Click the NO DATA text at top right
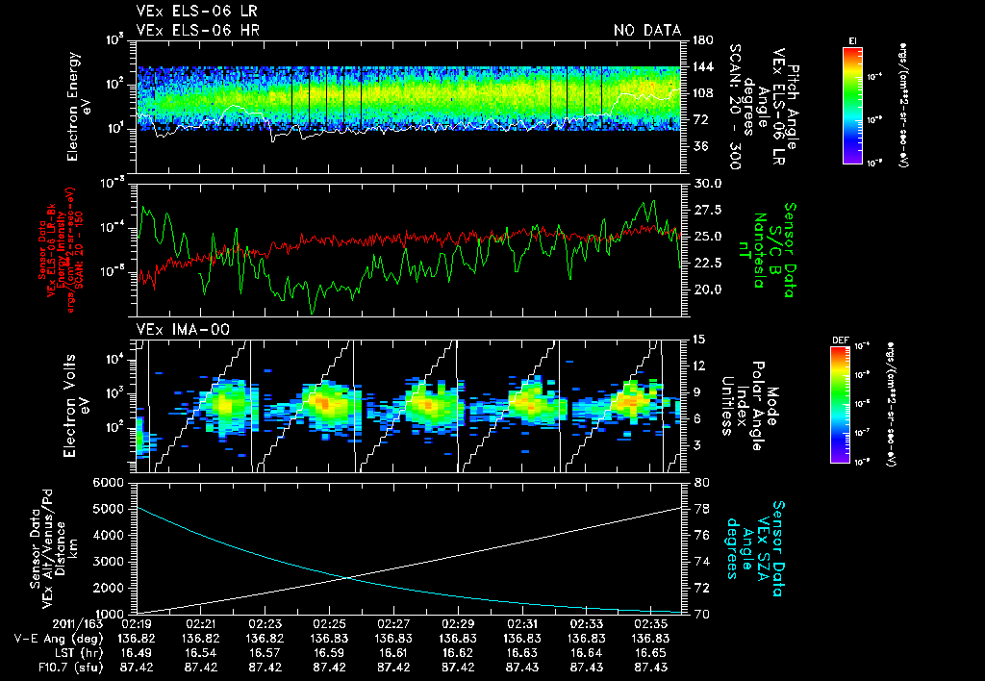[x=647, y=31]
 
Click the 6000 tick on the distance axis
[x=110, y=482]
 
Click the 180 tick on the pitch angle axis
[x=699, y=40]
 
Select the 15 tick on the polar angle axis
[x=695, y=339]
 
